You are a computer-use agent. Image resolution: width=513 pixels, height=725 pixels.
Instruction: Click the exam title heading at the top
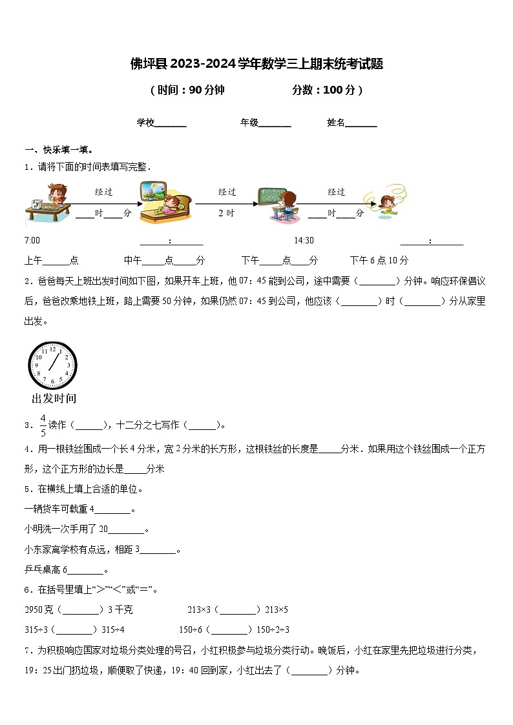[x=256, y=64]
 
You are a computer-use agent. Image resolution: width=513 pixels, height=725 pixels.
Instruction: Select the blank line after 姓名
[x=361, y=123]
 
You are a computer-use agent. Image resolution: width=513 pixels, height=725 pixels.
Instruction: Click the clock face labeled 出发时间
[x=52, y=365]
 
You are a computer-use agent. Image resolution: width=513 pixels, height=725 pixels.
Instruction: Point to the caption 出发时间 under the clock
[x=54, y=398]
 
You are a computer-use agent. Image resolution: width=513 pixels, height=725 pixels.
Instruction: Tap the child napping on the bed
[x=165, y=201]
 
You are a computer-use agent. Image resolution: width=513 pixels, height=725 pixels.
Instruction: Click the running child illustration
[x=384, y=203]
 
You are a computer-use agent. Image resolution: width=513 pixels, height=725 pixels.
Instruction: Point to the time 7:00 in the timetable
[x=32, y=241]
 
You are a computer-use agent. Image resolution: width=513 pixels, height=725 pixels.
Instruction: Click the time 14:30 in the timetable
[x=304, y=241]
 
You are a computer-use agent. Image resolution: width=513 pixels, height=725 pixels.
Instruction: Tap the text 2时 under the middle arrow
[x=226, y=213]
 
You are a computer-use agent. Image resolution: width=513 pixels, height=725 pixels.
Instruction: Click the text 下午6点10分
[x=379, y=261]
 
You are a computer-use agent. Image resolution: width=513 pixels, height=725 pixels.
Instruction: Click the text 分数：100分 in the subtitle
[x=327, y=90]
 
